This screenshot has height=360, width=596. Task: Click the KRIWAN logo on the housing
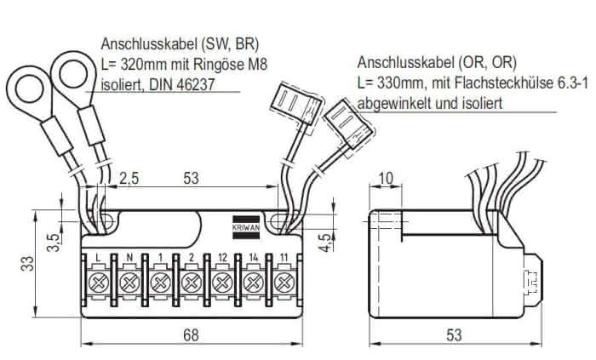tap(246, 227)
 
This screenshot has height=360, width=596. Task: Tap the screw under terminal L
tap(98, 283)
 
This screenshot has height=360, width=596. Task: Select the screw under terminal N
tap(129, 283)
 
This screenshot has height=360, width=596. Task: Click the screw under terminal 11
tap(284, 283)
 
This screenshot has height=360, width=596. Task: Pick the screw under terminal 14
tap(253, 283)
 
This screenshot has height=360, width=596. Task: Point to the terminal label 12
tap(222, 258)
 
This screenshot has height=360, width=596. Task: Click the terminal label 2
tap(192, 258)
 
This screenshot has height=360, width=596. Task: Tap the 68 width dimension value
tap(191, 335)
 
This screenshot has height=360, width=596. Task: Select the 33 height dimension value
tap(27, 264)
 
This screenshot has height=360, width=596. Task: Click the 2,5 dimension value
tap(129, 178)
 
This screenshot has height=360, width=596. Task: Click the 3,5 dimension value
tap(54, 243)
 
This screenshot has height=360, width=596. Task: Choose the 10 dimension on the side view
tap(386, 178)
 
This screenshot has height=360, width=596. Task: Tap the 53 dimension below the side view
tap(454, 335)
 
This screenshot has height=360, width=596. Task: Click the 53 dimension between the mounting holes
tap(191, 178)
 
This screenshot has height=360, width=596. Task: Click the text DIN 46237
tap(182, 84)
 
